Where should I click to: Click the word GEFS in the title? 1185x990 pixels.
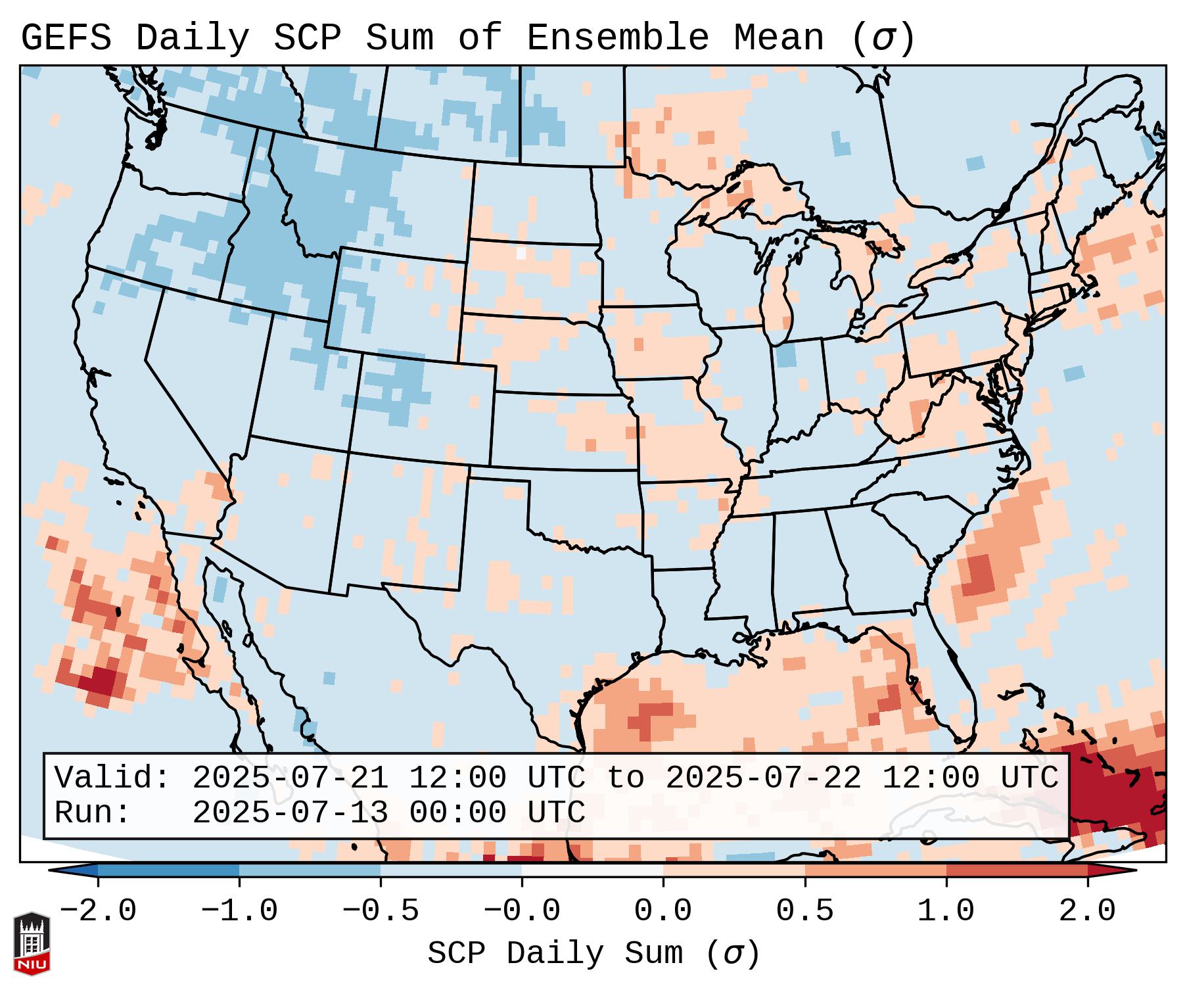click(66, 38)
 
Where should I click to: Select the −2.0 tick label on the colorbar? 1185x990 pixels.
click(98, 911)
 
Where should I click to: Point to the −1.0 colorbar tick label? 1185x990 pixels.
click(239, 911)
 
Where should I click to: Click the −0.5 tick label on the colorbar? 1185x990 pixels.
click(381, 911)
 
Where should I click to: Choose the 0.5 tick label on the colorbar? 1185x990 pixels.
click(804, 911)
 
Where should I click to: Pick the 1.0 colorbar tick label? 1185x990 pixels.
click(946, 911)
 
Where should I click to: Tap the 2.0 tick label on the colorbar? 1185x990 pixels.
click(1087, 911)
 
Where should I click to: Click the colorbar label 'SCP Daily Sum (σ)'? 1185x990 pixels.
click(593, 953)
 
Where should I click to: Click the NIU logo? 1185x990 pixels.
click(32, 943)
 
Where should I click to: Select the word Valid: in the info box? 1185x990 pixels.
click(112, 778)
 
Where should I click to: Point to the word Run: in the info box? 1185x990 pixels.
click(93, 813)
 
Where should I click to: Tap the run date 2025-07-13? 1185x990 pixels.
click(290, 813)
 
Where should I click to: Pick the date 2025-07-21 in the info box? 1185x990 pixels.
click(290, 778)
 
